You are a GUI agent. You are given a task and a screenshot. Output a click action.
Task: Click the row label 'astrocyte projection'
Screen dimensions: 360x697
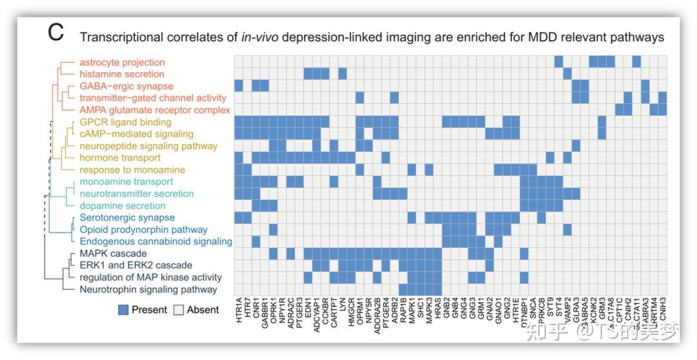pyautogui.click(x=122, y=63)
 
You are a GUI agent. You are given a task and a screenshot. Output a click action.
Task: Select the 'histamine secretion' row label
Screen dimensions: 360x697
pyautogui.click(x=121, y=74)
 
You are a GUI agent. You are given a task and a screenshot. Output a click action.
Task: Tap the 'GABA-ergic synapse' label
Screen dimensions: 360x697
pyautogui.click(x=126, y=86)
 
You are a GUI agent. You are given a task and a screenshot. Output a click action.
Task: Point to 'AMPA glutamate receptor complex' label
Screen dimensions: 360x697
pyautogui.click(x=154, y=110)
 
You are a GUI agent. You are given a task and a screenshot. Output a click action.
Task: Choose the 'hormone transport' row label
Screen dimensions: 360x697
pyautogui.click(x=120, y=158)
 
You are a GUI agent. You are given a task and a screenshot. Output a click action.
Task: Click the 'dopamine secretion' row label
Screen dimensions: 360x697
pyautogui.click(x=123, y=206)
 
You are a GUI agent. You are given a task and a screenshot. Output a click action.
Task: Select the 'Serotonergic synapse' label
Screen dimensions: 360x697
pyautogui.click(x=127, y=218)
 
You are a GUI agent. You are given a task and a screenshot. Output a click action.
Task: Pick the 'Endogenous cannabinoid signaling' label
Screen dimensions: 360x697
pyautogui.click(x=156, y=242)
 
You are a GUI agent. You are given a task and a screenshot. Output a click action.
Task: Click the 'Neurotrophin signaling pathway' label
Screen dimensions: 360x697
pyautogui.click(x=148, y=290)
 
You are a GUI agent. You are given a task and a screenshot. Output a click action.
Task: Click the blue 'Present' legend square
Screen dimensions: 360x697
pyautogui.click(x=123, y=310)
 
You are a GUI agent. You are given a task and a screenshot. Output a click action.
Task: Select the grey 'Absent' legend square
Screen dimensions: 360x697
pyautogui.click(x=179, y=310)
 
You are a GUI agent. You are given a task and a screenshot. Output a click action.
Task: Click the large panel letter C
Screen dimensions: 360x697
pyautogui.click(x=56, y=33)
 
